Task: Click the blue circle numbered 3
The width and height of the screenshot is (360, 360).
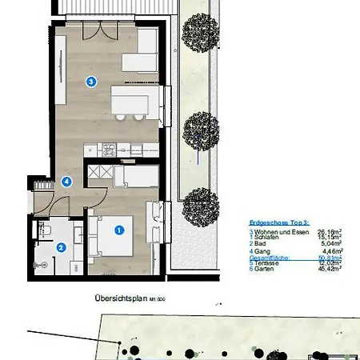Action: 91,81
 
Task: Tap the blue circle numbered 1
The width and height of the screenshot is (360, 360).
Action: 120,230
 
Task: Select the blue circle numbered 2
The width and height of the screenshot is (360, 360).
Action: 61,247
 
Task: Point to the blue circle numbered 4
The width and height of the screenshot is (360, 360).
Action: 67,182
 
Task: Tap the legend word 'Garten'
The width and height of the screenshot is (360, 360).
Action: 263,269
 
